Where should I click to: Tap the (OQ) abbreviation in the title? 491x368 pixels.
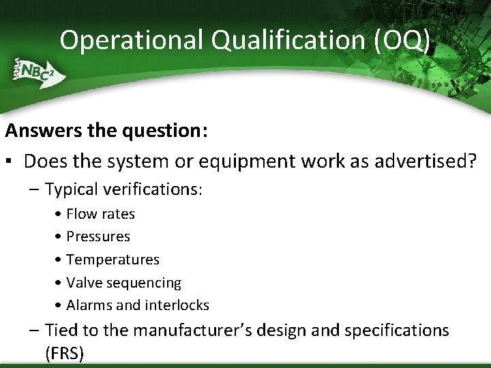point(402,40)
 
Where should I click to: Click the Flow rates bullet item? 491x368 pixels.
point(100,214)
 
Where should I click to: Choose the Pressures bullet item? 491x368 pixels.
point(98,236)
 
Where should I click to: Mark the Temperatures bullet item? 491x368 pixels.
point(113,260)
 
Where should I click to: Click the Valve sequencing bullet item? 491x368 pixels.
point(123,282)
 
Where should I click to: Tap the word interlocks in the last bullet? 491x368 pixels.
point(177,305)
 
